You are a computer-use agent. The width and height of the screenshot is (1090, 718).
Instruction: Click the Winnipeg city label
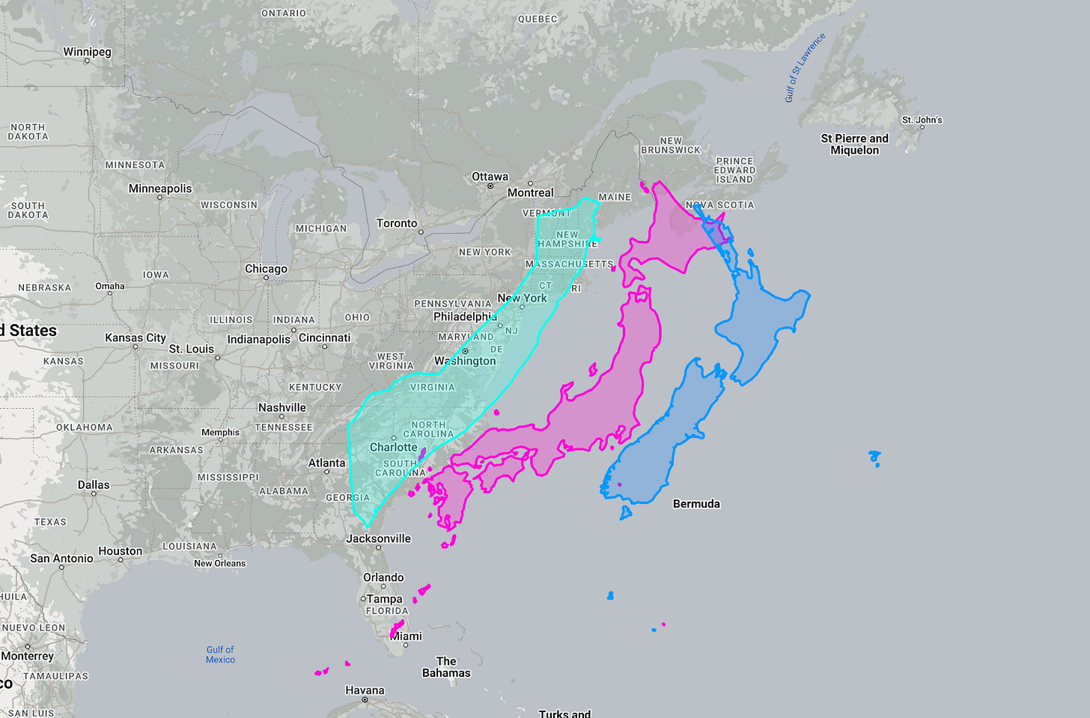pyautogui.click(x=87, y=52)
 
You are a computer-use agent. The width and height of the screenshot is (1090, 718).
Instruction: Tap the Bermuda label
pyautogui.click(x=696, y=504)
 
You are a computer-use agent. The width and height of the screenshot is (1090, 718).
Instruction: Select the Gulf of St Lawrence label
pyautogui.click(x=805, y=67)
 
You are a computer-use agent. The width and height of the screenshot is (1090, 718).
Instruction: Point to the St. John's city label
pyautogui.click(x=922, y=120)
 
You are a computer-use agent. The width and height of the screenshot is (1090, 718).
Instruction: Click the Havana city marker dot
pyautogui.click(x=365, y=700)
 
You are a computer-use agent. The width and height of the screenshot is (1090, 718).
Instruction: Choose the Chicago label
pyautogui.click(x=266, y=269)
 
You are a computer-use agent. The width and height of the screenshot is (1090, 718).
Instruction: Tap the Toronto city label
pyautogui.click(x=397, y=223)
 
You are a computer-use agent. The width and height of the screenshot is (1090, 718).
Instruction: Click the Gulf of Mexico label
pyautogui.click(x=220, y=654)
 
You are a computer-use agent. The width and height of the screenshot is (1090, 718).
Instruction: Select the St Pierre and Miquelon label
pyautogui.click(x=854, y=144)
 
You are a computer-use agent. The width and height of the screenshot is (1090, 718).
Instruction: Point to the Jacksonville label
pyautogui.click(x=378, y=538)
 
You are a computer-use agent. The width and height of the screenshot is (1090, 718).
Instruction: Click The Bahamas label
pyautogui.click(x=446, y=666)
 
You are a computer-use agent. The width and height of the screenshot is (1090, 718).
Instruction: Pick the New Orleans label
pyautogui.click(x=219, y=563)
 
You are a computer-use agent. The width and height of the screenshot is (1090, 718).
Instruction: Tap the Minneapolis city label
pyautogui.click(x=160, y=189)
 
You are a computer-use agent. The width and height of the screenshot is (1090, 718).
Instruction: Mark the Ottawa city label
pyautogui.click(x=490, y=177)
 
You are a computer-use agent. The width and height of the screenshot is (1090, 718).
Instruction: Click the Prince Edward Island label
pyautogui.click(x=734, y=170)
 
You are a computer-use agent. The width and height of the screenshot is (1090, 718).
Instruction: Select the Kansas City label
pyautogui.click(x=136, y=338)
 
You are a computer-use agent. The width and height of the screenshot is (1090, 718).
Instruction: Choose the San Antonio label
pyautogui.click(x=61, y=558)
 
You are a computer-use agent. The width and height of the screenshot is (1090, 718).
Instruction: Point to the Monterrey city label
pyautogui.click(x=28, y=656)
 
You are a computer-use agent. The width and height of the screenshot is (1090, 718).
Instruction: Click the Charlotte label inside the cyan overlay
pyautogui.click(x=393, y=447)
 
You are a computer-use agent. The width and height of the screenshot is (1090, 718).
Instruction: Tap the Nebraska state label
pyautogui.click(x=45, y=287)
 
